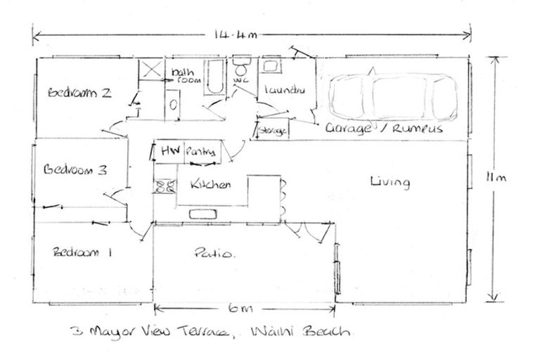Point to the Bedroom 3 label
pyautogui.click(x=75, y=169)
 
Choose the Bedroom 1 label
pyautogui.click(x=82, y=252)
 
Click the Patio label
pyautogui.click(x=214, y=253)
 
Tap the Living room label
pyautogui.click(x=390, y=183)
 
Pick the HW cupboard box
pyautogui.click(x=169, y=151)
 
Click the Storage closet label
pyautogui.click(x=272, y=131)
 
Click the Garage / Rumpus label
pyautogui.click(x=383, y=129)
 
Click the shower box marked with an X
pyautogui.click(x=150, y=71)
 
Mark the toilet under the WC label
pyautogui.click(x=241, y=70)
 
